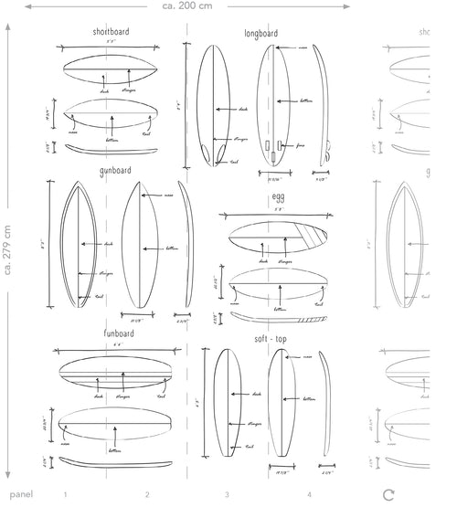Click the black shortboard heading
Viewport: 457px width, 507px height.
click(x=111, y=32)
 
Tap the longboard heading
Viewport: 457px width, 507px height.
click(x=261, y=33)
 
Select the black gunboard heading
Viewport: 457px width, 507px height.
click(x=115, y=171)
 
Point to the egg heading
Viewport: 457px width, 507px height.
click(x=278, y=196)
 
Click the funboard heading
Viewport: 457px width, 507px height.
click(x=119, y=334)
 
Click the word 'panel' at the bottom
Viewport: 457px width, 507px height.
click(x=21, y=494)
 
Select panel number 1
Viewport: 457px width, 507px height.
click(x=66, y=494)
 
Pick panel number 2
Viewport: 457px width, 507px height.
click(x=147, y=494)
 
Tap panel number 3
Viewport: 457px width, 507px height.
click(x=228, y=494)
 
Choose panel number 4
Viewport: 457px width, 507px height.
click(x=309, y=494)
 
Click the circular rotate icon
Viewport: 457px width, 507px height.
click(x=389, y=494)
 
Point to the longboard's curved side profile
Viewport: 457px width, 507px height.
click(x=324, y=105)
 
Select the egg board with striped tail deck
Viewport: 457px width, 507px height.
click(x=277, y=240)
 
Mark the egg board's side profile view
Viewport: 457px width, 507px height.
click(x=279, y=318)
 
